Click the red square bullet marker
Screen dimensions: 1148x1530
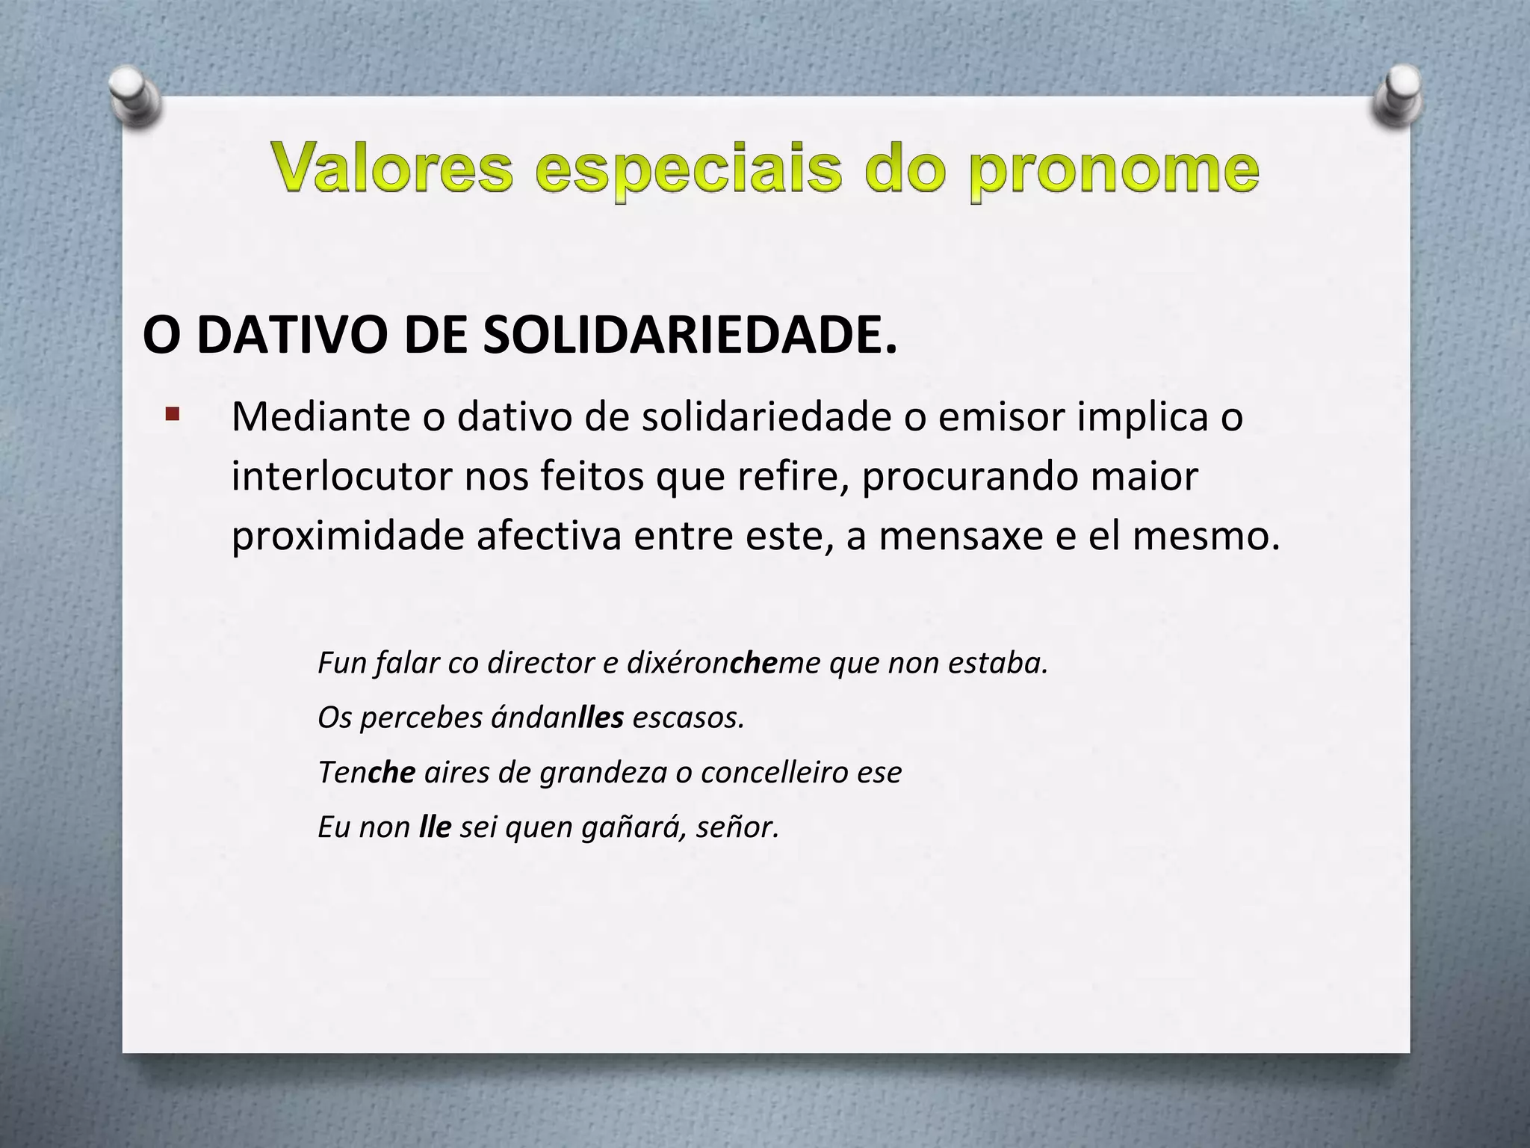coord(173,414)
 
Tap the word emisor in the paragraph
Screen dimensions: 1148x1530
coord(1001,417)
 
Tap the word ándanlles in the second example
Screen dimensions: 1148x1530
coord(557,717)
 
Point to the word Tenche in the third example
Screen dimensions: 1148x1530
coord(366,772)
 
